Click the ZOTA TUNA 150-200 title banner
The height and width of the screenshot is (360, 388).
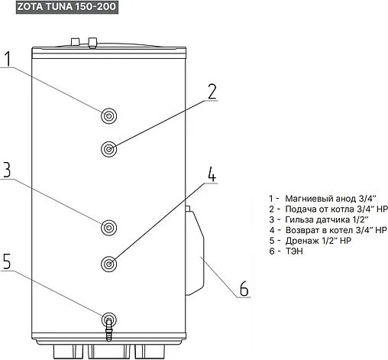tap(67, 7)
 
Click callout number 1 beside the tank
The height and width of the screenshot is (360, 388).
tap(8, 59)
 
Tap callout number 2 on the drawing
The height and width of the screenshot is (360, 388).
tap(212, 92)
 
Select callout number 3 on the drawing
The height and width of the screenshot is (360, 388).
tap(7, 170)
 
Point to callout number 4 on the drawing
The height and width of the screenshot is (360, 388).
tap(212, 174)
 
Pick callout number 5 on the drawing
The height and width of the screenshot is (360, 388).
tap(7, 261)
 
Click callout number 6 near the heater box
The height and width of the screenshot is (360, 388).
tap(244, 288)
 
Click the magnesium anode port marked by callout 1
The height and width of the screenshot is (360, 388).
tap(109, 116)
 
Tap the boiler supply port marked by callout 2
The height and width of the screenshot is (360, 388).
tap(109, 149)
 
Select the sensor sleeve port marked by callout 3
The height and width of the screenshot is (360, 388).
tap(109, 228)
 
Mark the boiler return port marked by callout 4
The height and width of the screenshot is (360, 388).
tap(109, 264)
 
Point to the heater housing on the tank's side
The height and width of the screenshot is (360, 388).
tap(195, 251)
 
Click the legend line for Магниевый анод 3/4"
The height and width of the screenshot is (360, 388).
tap(322, 199)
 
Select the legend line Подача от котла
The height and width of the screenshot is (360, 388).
tap(328, 209)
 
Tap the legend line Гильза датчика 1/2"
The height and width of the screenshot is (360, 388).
tap(319, 219)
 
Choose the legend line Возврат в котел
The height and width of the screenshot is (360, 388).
tap(328, 230)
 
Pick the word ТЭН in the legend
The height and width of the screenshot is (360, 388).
tap(294, 251)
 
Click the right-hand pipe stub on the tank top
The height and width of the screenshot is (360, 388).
tap(92, 43)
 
